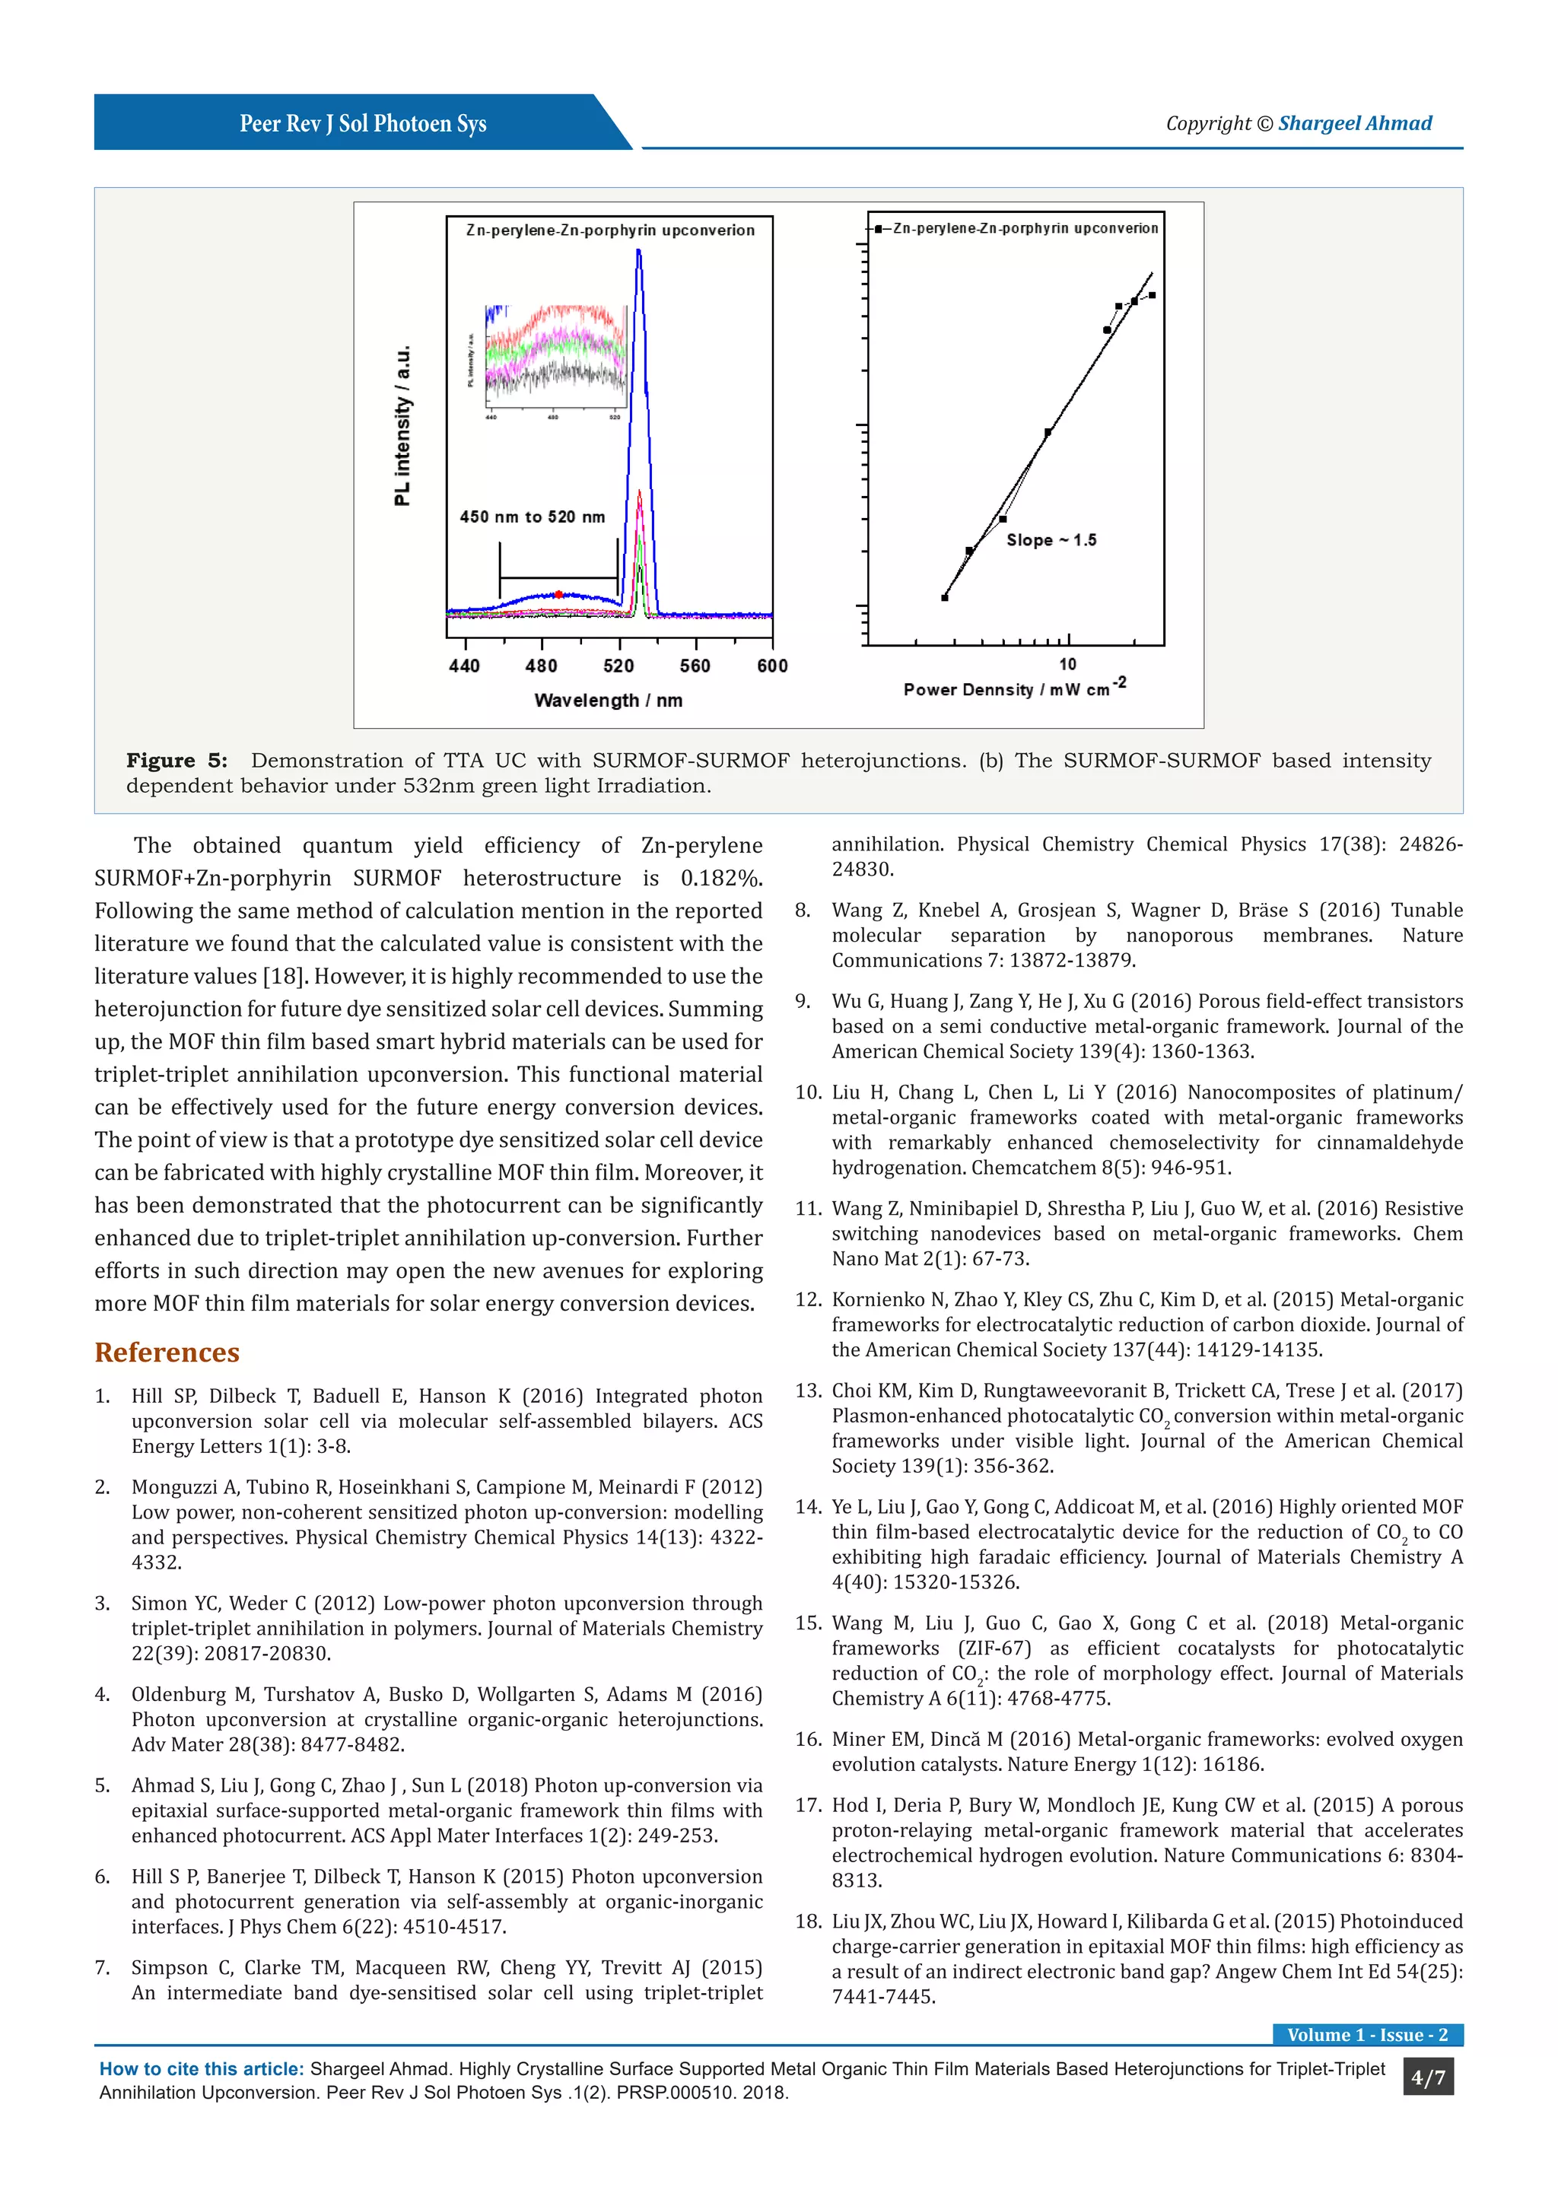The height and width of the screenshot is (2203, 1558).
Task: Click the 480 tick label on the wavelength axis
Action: pos(541,666)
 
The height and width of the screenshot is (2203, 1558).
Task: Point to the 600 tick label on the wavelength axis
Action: pos(772,666)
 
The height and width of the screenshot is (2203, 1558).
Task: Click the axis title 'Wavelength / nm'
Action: pos(609,701)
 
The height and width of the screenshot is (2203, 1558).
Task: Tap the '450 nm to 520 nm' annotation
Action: pos(533,517)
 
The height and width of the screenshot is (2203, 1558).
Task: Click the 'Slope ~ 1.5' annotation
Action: pos(1051,540)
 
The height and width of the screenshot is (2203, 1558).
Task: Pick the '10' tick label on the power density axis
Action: pos(1068,664)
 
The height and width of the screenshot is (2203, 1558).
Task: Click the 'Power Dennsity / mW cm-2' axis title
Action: pos(1014,689)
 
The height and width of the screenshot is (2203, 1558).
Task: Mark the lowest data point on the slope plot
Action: pos(945,598)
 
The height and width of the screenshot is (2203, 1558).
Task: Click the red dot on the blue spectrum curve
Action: pos(558,595)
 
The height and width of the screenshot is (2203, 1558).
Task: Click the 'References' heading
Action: pos(167,1352)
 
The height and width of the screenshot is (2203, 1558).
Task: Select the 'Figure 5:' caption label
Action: pos(176,761)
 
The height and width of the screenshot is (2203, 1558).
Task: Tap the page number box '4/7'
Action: pos(1427,2078)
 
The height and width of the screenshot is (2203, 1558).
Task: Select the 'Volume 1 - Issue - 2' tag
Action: pos(1367,2035)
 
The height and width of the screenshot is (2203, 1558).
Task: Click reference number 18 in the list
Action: pos(808,1921)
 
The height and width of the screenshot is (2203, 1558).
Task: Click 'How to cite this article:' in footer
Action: pos(202,2070)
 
